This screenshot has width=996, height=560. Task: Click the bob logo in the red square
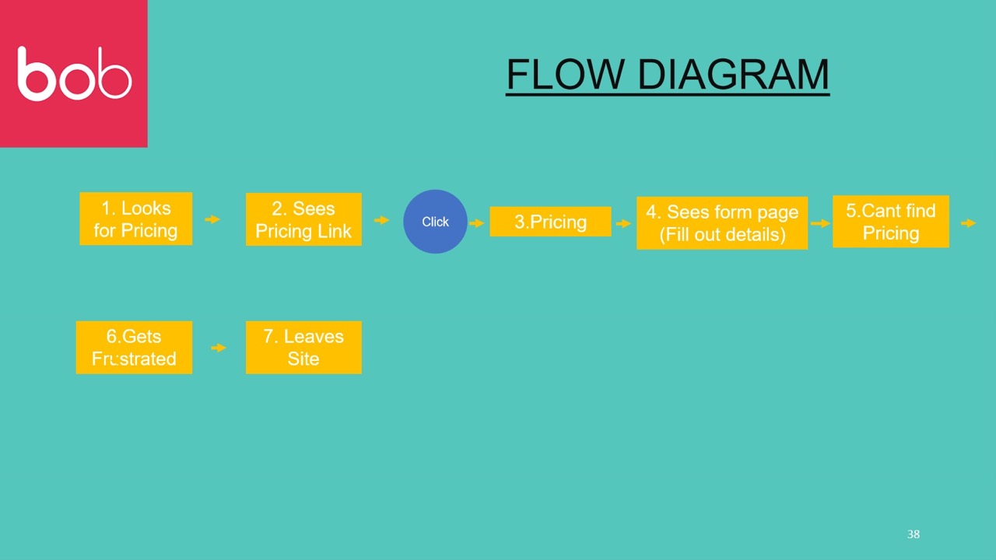click(x=75, y=74)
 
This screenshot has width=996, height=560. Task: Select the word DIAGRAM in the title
click(x=734, y=74)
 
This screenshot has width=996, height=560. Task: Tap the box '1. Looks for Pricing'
click(x=136, y=219)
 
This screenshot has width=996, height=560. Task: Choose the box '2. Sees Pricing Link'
click(x=303, y=219)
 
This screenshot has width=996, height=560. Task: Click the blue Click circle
click(x=435, y=222)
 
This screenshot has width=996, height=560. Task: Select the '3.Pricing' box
click(x=550, y=222)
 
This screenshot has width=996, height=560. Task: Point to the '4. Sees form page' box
click(x=722, y=222)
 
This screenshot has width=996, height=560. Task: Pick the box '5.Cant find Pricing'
click(x=891, y=222)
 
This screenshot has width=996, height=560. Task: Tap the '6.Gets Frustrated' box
click(x=135, y=348)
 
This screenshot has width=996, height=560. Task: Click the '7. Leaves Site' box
click(x=303, y=348)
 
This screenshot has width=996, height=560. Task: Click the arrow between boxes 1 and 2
click(x=212, y=219)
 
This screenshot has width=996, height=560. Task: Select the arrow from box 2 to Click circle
click(x=382, y=220)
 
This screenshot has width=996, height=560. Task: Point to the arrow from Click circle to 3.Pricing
click(x=477, y=223)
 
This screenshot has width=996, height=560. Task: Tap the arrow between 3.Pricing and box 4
click(x=624, y=223)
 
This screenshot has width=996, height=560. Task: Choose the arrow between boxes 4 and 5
click(x=820, y=223)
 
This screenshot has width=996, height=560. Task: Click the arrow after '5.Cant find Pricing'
click(x=969, y=223)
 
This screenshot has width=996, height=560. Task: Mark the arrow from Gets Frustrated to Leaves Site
click(x=219, y=348)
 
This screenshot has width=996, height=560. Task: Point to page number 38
click(x=914, y=534)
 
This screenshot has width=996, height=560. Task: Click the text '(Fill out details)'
click(x=722, y=234)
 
